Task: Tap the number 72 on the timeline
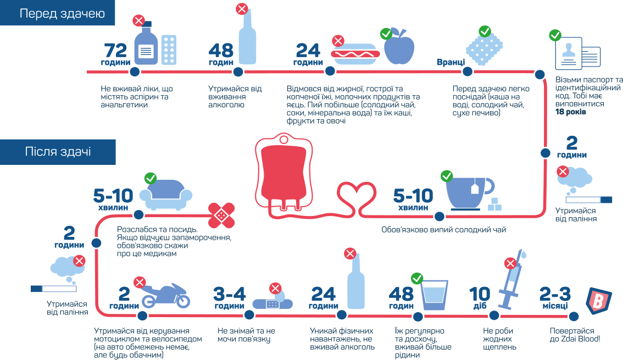point(116,51)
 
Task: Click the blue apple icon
point(399,48)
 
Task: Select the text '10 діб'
point(479,298)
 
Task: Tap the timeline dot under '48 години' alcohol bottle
point(238,72)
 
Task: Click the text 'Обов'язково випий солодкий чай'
point(443,230)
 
